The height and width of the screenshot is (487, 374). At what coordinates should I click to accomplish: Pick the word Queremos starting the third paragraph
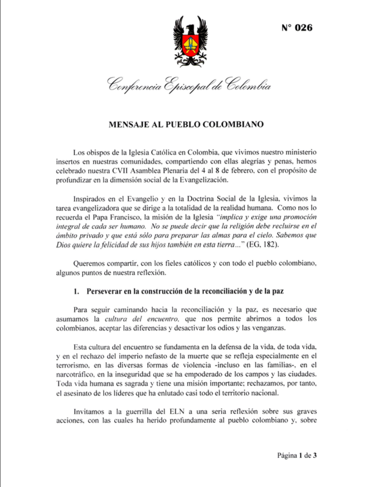click(x=88, y=264)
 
